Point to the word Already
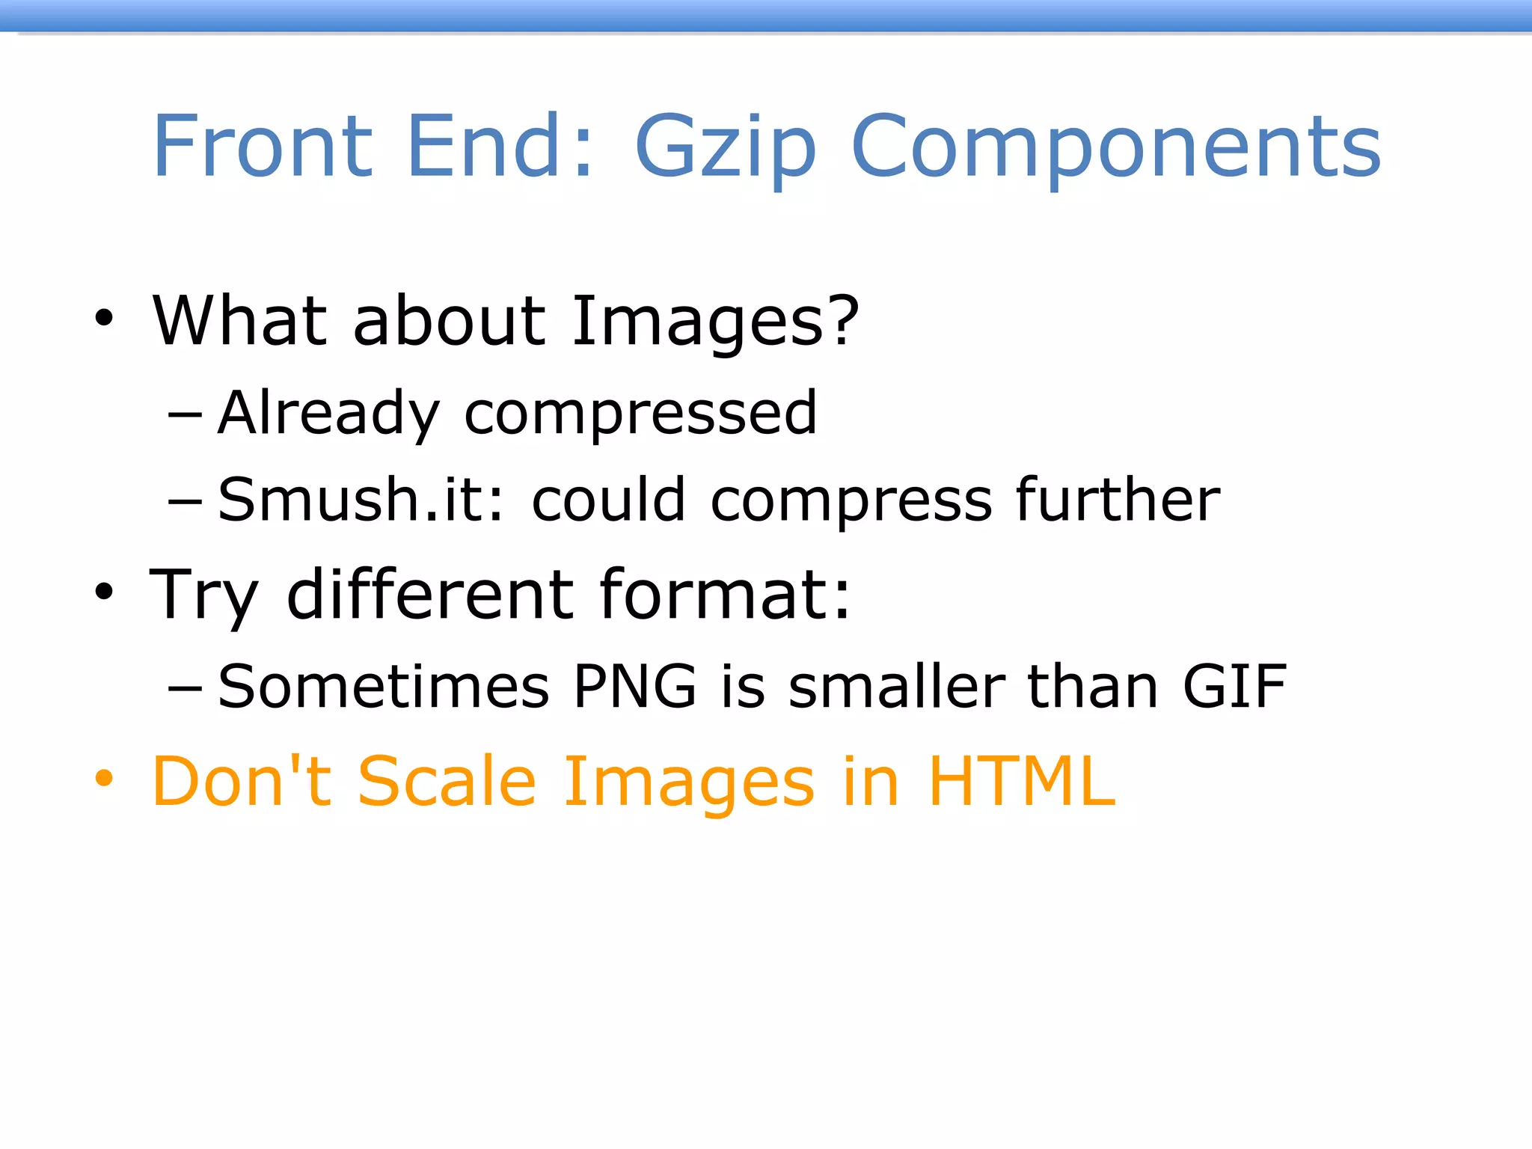point(328,413)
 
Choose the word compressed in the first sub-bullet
point(640,414)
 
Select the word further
point(1118,500)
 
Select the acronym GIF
point(1234,686)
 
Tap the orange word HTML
point(1022,782)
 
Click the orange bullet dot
point(104,779)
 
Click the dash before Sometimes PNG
point(185,687)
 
